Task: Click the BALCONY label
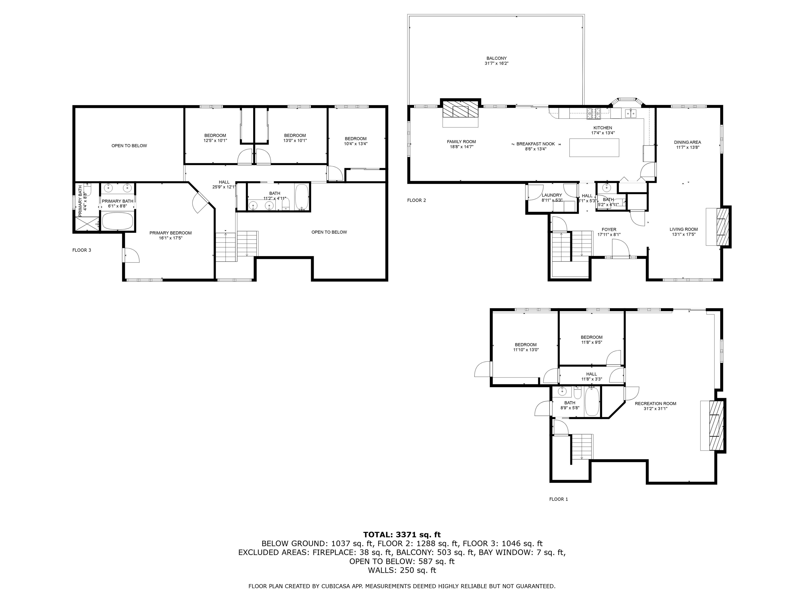pos(496,58)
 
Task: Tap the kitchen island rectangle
pos(594,148)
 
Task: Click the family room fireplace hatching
pos(460,108)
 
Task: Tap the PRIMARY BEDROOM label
pos(170,233)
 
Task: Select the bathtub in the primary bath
pos(118,221)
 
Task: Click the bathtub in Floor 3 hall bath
pos(302,197)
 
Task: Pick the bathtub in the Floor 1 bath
pos(592,402)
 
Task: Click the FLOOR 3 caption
pos(82,250)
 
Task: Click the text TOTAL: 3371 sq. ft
pos(402,534)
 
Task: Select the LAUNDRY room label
pos(552,195)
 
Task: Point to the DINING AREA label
pos(687,142)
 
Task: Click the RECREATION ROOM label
pos(655,404)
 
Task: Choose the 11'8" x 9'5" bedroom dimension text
pos(591,342)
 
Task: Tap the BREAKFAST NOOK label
pos(535,144)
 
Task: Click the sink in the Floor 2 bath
pos(606,188)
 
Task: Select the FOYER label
pos(609,230)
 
